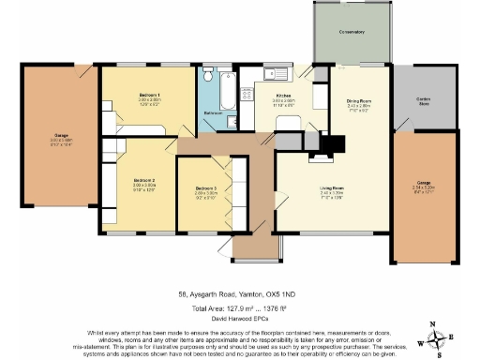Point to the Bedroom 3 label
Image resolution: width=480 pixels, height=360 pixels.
coord(206,188)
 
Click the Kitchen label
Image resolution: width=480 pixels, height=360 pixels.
coord(283,96)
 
